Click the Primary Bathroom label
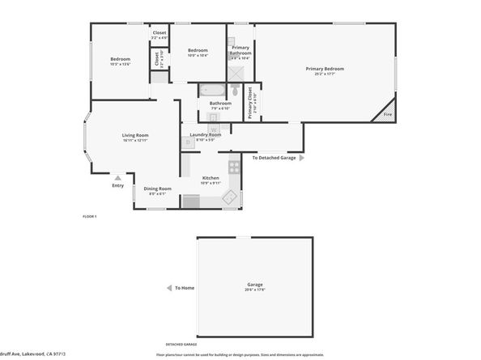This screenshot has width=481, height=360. [240, 51]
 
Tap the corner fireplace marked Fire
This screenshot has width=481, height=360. [387, 113]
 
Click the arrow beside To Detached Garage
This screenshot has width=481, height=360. [302, 159]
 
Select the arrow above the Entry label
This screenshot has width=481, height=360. [118, 177]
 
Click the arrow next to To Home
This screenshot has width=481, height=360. [168, 287]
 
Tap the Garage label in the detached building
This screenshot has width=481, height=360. [255, 285]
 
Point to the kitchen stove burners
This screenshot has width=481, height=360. [234, 167]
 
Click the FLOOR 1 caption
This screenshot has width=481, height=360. [89, 217]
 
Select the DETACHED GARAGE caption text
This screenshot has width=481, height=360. [182, 344]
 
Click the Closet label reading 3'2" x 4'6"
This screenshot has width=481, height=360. [160, 36]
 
